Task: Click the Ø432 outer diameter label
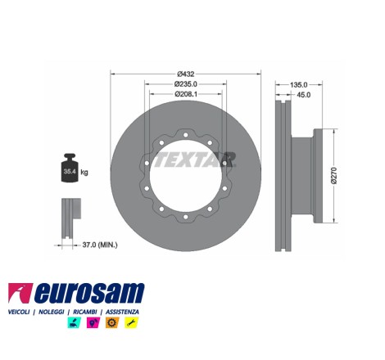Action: click(x=186, y=74)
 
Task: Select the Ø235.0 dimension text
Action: click(x=186, y=84)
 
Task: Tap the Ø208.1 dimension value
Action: click(x=186, y=94)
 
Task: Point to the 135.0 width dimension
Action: click(x=299, y=85)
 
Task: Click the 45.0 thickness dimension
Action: click(x=304, y=95)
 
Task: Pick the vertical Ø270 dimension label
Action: click(x=335, y=176)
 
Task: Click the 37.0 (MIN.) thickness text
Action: click(x=100, y=245)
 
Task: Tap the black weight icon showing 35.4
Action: click(x=70, y=168)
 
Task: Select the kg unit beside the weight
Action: click(x=84, y=173)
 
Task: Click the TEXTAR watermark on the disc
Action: click(x=194, y=160)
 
